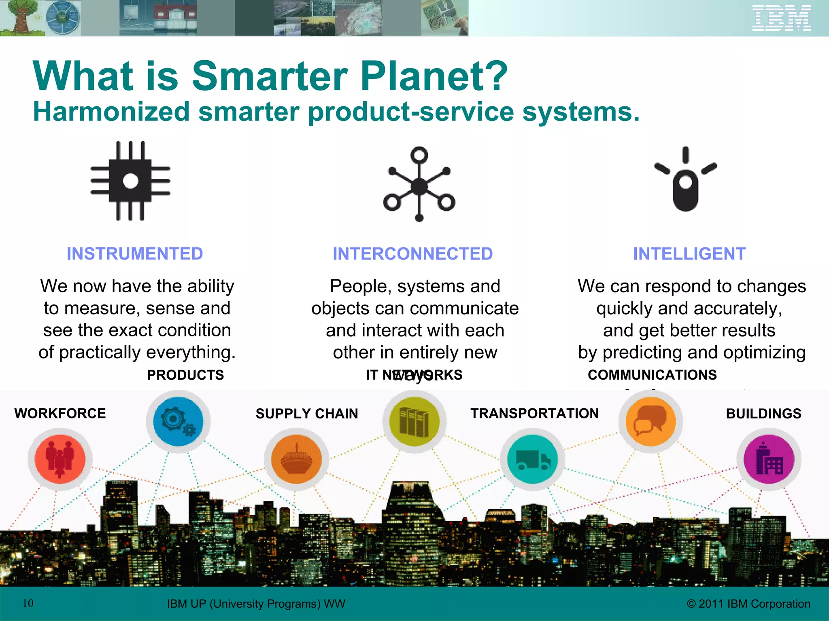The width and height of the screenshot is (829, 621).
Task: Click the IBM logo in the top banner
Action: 781,18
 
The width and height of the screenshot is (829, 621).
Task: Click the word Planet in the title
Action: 433,76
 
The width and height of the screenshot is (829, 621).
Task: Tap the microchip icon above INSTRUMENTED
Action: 130,181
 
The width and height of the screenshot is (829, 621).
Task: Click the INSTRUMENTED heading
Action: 135,254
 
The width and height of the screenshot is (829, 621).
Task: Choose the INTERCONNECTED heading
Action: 412,254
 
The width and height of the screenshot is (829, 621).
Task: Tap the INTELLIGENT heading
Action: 689,254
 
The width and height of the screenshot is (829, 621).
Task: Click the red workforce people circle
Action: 60,459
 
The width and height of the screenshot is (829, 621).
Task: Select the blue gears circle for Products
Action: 178,421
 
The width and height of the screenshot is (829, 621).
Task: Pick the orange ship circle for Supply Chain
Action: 296,459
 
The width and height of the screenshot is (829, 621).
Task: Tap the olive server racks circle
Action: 414,421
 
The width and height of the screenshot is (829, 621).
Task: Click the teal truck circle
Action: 532,459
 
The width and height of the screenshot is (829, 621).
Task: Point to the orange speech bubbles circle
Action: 650,421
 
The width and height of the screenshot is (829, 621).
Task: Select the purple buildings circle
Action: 768,459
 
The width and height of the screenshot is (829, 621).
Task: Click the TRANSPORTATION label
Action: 534,413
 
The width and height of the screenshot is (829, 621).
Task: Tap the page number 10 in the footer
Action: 28,603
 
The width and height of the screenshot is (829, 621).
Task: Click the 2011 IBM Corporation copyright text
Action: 748,604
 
